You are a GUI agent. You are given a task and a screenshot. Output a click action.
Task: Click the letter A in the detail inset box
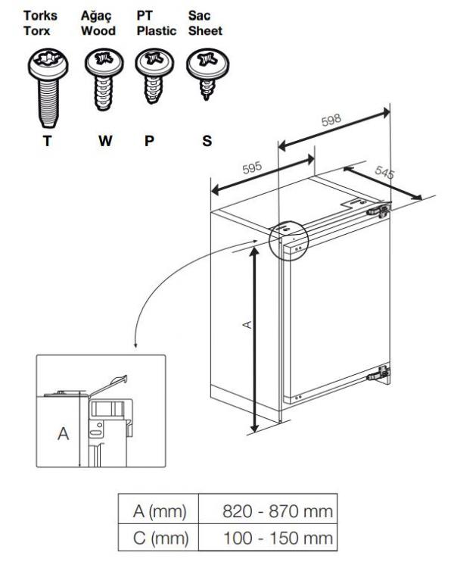64,435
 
